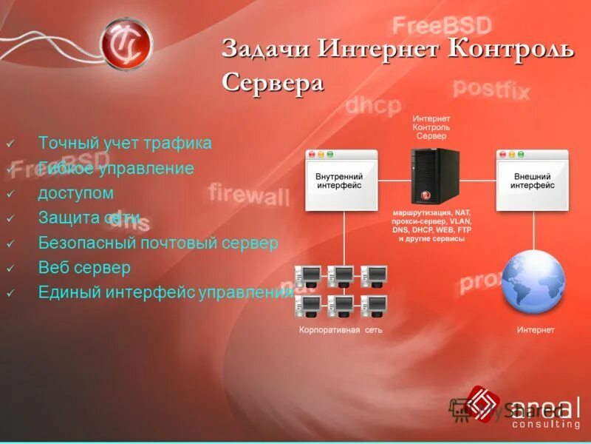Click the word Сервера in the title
tap(273, 82)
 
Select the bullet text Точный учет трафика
tap(125, 143)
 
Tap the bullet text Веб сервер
tap(84, 267)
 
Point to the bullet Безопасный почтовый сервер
tap(158, 243)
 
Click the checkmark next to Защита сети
tap(10, 218)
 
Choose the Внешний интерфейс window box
tap(532, 182)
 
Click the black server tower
tap(434, 176)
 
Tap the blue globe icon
tap(533, 283)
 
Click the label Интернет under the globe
tap(535, 330)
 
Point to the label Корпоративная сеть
tap(341, 330)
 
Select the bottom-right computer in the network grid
tap(373, 306)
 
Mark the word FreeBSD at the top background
tap(441, 26)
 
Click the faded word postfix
tap(491, 89)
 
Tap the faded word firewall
tap(249, 194)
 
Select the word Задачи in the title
tap(267, 50)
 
